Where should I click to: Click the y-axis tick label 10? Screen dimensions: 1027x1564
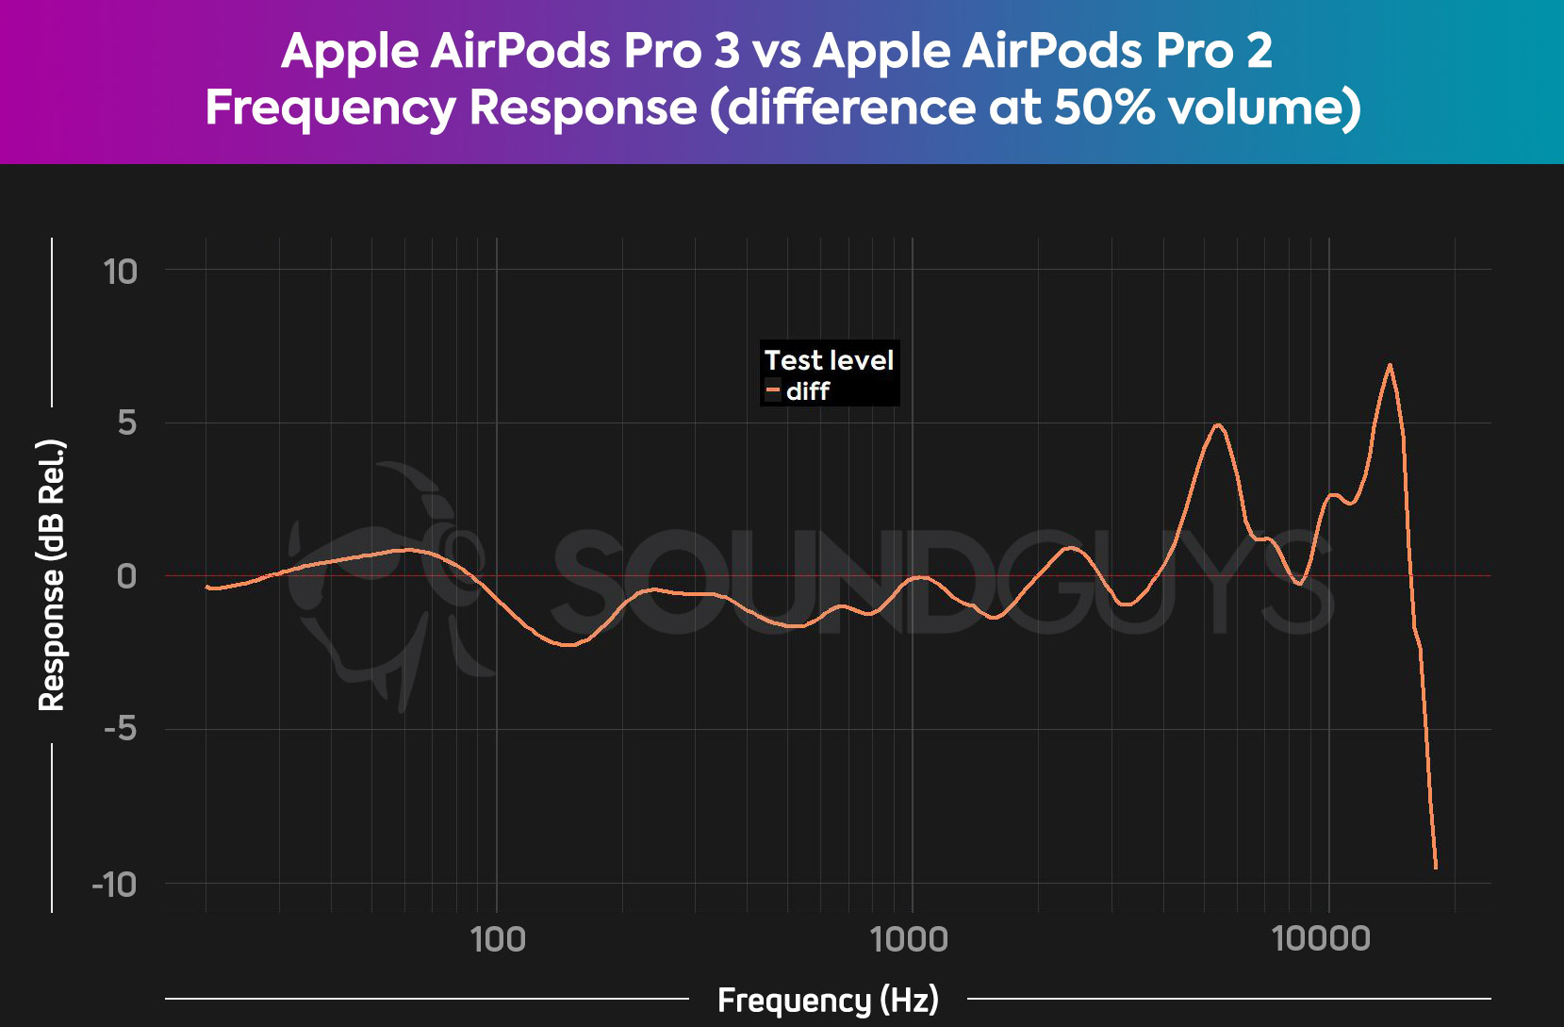point(121,273)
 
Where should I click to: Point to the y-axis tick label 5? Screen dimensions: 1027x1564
point(127,423)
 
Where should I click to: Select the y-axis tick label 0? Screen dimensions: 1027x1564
point(126,576)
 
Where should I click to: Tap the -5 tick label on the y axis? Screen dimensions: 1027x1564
point(121,729)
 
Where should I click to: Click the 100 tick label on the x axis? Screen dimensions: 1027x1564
point(498,939)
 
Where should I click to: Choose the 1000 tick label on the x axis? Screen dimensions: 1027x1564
point(909,939)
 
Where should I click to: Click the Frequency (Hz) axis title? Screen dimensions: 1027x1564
point(828,1000)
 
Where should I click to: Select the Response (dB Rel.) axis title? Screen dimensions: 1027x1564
point(52,575)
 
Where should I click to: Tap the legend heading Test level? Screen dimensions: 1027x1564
point(829,360)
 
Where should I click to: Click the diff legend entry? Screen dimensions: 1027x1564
point(807,391)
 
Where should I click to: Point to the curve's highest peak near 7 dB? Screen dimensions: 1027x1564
point(1390,365)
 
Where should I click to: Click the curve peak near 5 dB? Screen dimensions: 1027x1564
point(1219,425)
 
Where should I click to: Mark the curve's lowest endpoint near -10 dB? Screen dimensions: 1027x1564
point(1435,867)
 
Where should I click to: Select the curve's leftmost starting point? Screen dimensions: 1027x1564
point(206,587)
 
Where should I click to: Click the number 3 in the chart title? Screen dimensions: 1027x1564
point(727,50)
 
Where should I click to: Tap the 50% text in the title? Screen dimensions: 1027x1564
point(1104,107)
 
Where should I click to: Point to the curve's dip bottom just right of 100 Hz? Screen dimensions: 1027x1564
point(568,645)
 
